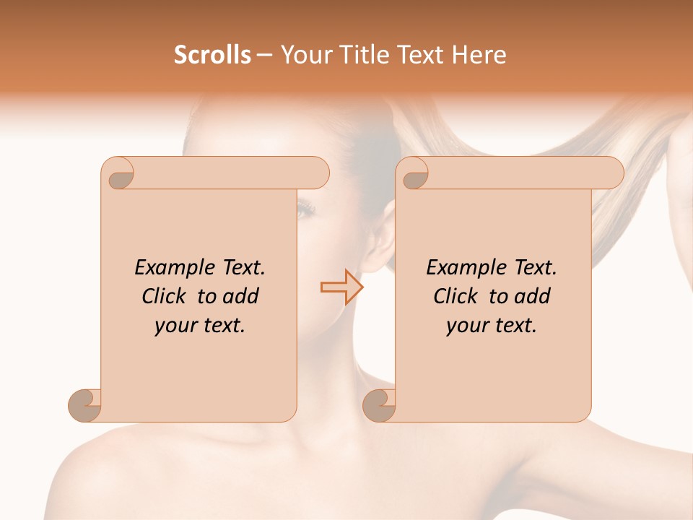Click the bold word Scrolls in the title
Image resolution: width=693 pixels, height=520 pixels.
coord(212,55)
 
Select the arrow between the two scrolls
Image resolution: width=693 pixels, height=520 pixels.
coord(341,287)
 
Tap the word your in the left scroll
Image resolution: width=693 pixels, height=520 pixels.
coord(174,326)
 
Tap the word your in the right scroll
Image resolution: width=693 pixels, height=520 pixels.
coord(466,326)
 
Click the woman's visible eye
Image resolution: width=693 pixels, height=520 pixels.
coord(307,210)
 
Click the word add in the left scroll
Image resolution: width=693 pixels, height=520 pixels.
coord(241,296)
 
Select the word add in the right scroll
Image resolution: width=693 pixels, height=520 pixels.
coord(533,296)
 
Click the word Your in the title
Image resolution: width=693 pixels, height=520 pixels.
coord(300,55)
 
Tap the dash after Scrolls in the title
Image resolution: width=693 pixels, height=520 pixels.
coord(265,56)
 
